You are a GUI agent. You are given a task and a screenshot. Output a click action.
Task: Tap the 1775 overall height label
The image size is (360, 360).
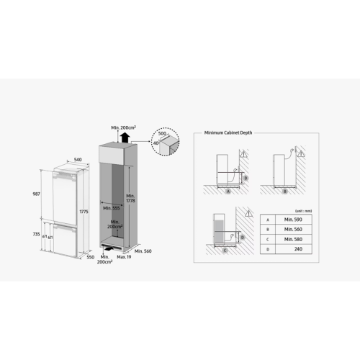pyautogui.click(x=84, y=212)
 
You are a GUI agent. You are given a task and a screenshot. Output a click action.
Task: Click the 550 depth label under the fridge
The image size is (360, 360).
pyautogui.click(x=90, y=256)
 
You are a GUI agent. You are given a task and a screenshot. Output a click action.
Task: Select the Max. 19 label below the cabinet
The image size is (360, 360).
pyautogui.click(x=124, y=256)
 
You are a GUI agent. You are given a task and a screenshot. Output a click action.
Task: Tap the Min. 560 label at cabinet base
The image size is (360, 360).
pyautogui.click(x=144, y=251)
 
